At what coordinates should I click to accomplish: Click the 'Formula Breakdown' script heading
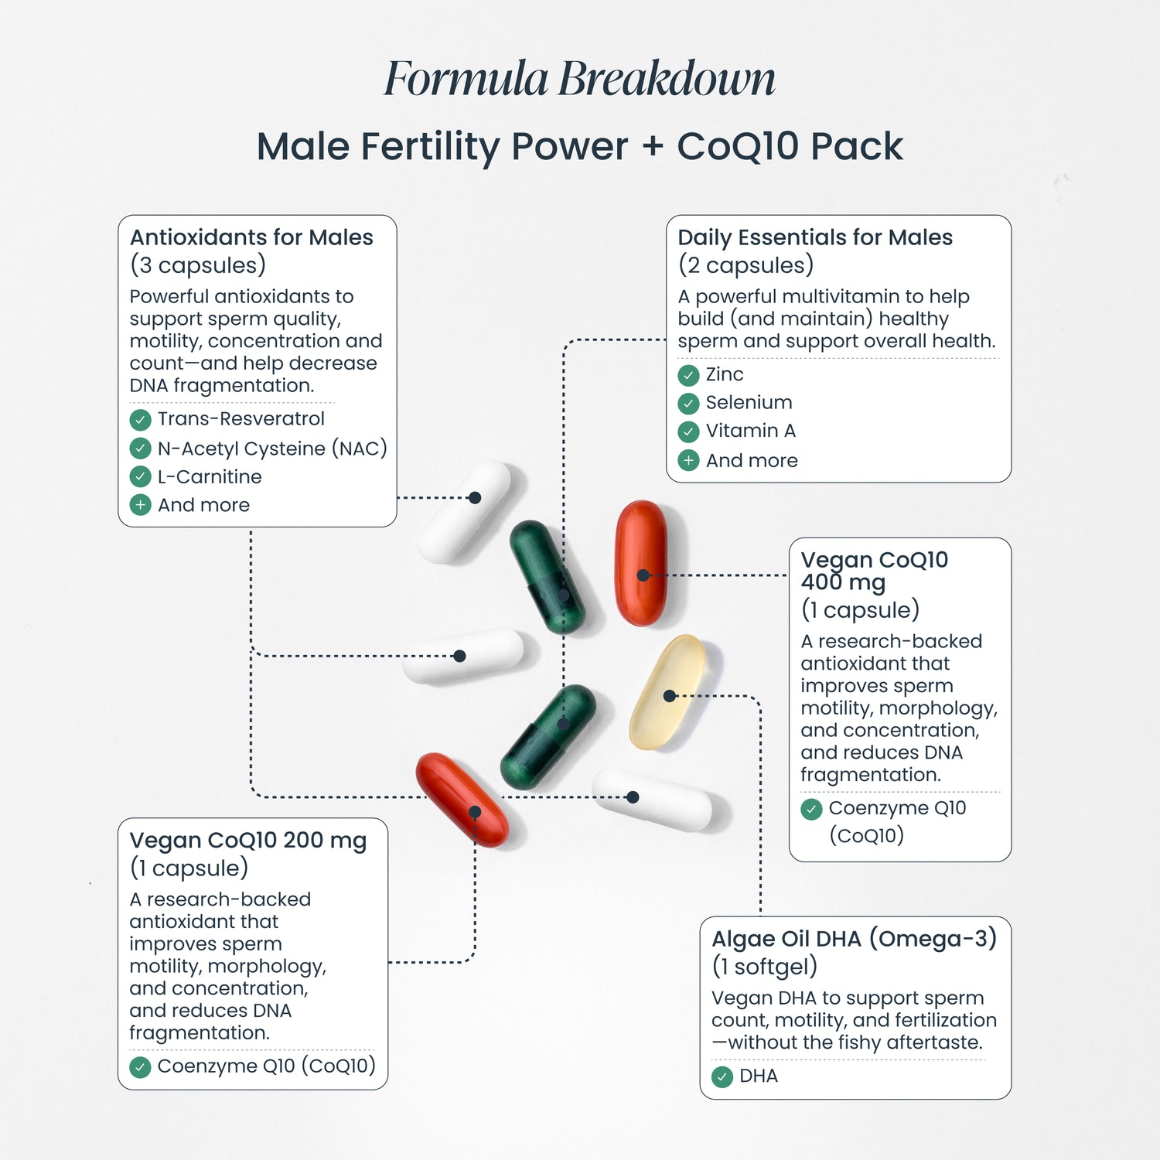pos(579,79)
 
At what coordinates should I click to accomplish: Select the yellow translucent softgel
pos(667,692)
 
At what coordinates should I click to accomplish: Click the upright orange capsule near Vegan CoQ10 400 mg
pos(640,562)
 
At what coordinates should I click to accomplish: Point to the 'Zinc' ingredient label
pos(725,374)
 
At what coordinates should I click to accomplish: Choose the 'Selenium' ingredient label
pos(749,402)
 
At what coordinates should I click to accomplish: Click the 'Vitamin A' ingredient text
pos(750,431)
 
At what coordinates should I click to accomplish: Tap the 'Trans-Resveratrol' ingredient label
pos(241,419)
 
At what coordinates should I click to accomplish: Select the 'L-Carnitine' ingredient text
pos(210,476)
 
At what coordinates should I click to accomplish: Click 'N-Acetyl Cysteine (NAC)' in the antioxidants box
pos(272,449)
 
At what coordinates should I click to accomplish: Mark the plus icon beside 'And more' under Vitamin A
pos(688,461)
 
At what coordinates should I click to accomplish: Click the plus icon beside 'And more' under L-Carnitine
pos(140,506)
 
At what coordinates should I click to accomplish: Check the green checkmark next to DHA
pos(722,1076)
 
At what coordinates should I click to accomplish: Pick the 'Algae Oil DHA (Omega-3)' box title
pos(854,939)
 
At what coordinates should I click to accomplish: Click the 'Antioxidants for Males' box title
pos(251,237)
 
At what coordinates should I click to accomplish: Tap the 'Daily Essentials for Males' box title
pos(815,237)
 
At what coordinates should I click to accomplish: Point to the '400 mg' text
pos(843,582)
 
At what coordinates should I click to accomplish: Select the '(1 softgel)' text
pos(764,967)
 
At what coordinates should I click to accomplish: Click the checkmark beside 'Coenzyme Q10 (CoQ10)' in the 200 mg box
pos(140,1067)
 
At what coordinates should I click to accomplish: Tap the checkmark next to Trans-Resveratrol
pos(140,420)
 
